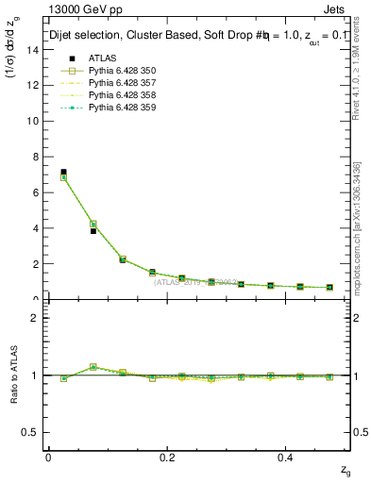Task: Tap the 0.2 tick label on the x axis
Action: (168, 456)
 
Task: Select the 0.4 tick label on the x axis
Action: (288, 456)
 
